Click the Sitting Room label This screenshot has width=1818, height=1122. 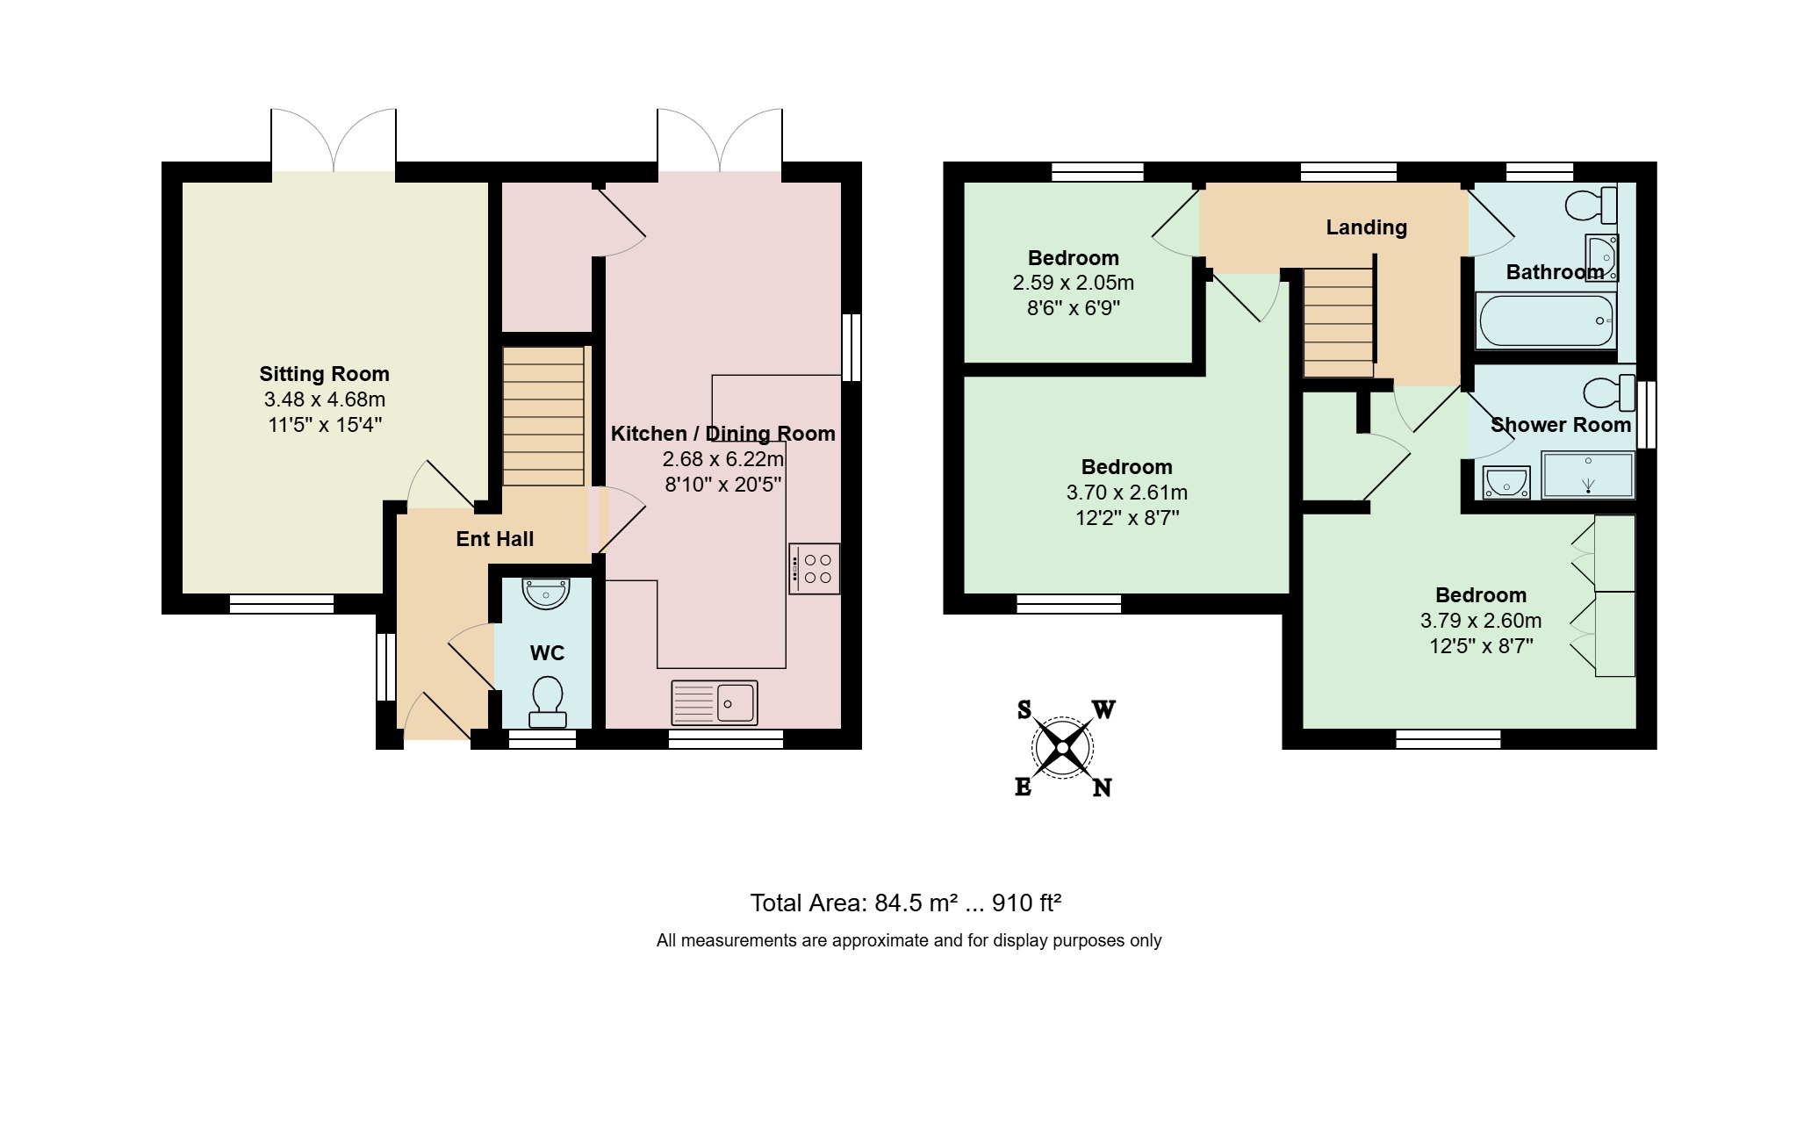tap(324, 374)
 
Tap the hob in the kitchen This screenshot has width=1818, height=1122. tap(815, 569)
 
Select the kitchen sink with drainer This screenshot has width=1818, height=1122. tap(715, 702)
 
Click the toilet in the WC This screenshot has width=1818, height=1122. tap(548, 701)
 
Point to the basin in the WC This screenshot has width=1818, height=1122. tap(546, 593)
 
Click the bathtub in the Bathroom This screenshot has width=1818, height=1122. tap(1547, 320)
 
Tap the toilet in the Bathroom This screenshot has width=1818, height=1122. tap(1592, 205)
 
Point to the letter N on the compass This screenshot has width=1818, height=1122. tap(1102, 788)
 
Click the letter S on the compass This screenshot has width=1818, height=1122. tap(1024, 709)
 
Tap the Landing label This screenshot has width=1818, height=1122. tap(1366, 227)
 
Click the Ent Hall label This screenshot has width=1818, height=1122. tap(495, 539)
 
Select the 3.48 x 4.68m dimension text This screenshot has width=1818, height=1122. tap(325, 399)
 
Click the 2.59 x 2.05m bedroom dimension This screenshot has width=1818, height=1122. tap(1074, 283)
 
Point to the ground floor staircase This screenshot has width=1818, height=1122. tap(543, 416)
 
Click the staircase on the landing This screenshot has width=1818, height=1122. tap(1338, 322)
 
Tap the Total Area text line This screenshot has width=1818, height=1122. tap(906, 903)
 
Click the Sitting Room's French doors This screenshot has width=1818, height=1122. tap(334, 140)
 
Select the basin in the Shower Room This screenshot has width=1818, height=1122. tap(1506, 482)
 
